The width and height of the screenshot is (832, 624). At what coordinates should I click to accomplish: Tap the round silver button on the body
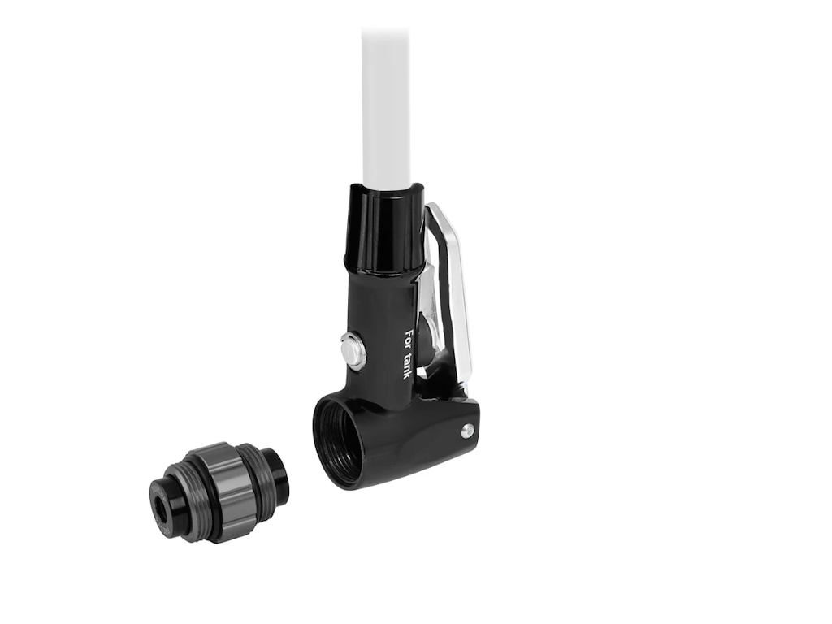(353, 350)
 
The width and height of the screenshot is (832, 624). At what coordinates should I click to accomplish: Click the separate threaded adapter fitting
(218, 492)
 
